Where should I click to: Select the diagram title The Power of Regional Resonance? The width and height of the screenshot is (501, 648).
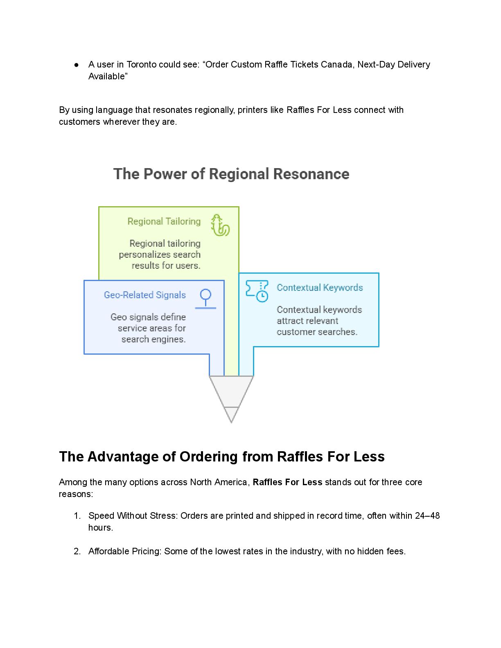[231, 174]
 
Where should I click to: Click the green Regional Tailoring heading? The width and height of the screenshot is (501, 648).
[164, 221]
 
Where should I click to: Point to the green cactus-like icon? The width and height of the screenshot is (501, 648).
[220, 225]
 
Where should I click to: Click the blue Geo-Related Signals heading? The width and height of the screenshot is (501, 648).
[145, 295]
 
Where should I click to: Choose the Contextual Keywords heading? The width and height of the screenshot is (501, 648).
[320, 288]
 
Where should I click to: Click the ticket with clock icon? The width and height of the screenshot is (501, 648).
[257, 291]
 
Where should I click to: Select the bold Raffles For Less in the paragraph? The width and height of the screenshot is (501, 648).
[287, 482]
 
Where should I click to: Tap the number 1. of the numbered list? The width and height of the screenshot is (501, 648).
[77, 516]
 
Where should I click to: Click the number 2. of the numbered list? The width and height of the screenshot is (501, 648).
[77, 551]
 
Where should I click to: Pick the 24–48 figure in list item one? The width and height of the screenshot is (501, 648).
[427, 516]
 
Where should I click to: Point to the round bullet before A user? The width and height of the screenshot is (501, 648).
[77, 65]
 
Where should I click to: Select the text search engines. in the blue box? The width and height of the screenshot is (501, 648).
[153, 339]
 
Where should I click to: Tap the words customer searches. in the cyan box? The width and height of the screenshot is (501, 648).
[317, 332]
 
